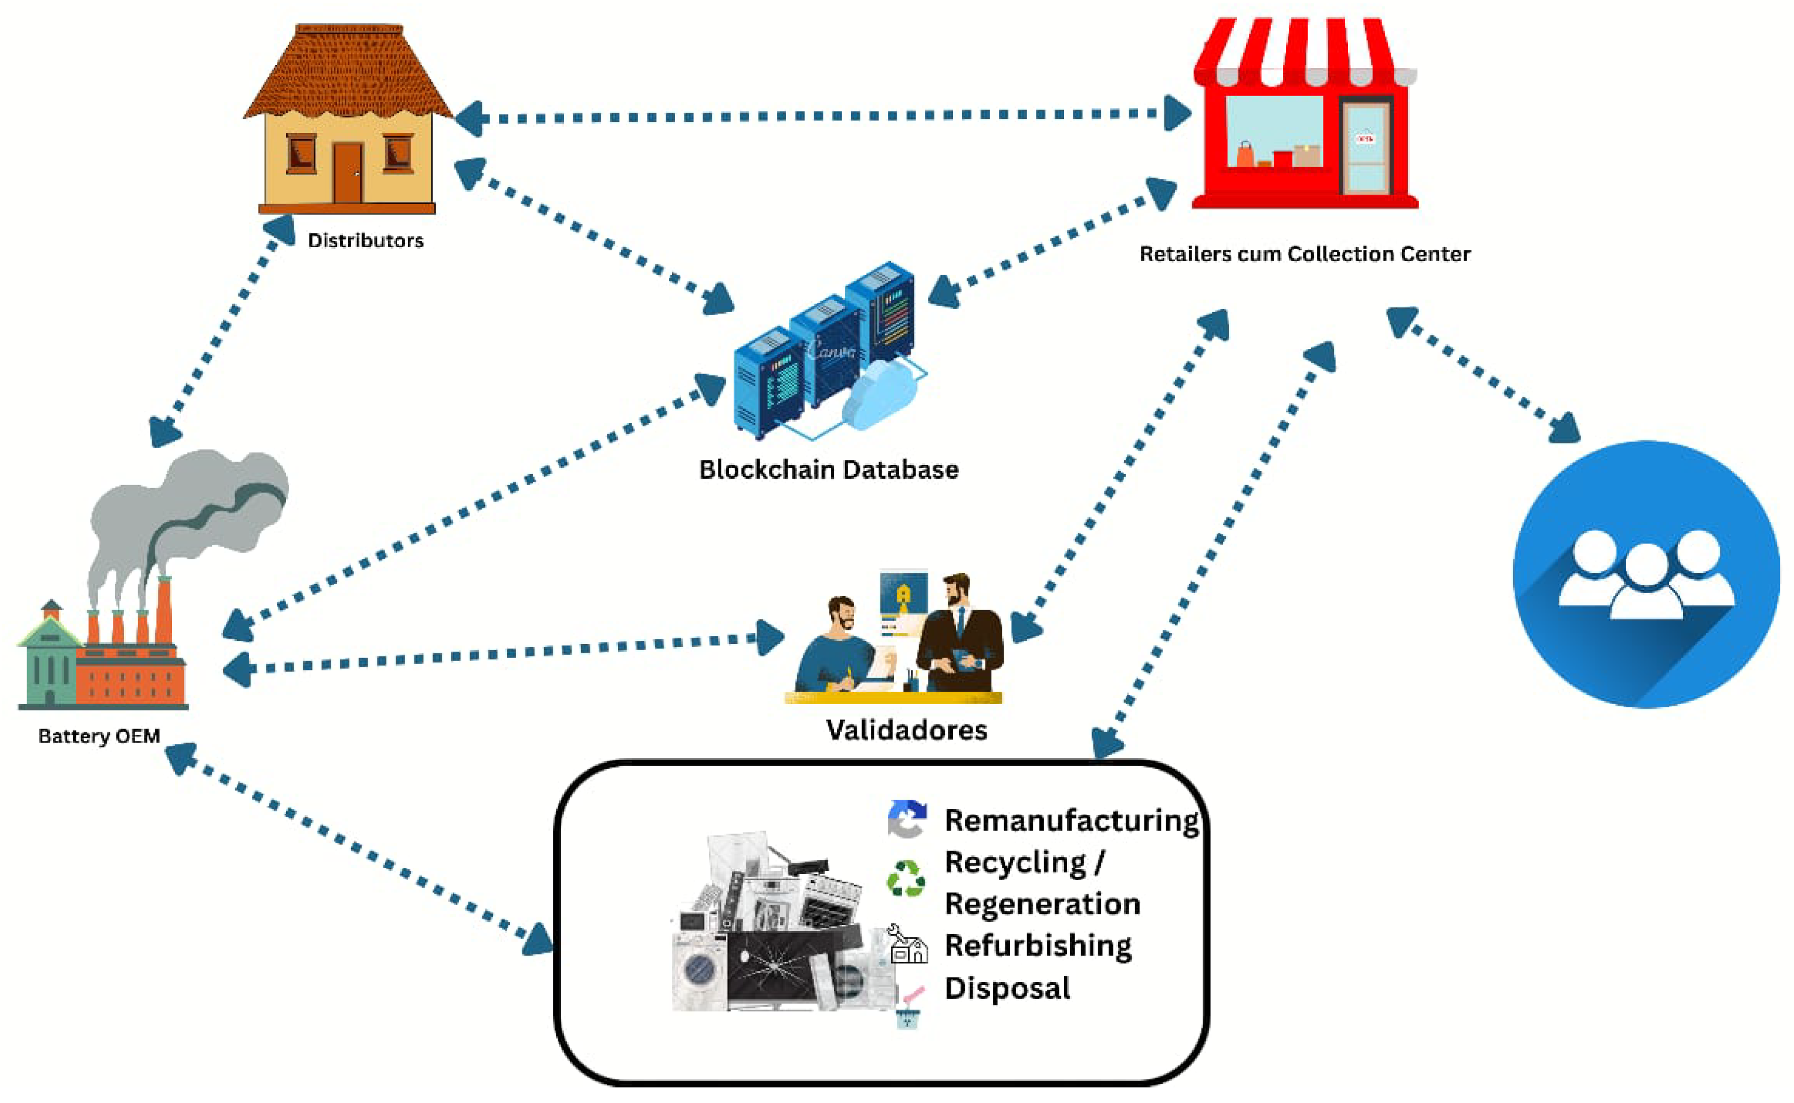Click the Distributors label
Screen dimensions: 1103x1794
(366, 241)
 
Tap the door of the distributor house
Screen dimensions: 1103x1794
(348, 173)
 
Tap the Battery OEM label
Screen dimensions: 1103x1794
(99, 736)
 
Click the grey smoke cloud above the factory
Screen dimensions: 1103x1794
(190, 510)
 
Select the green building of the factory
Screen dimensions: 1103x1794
(49, 664)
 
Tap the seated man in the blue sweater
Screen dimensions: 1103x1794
(839, 649)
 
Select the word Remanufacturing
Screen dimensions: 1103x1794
(1071, 820)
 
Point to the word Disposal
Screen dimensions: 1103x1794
(1007, 988)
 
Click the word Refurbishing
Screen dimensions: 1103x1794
(1038, 946)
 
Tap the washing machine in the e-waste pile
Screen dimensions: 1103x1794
(698, 970)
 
